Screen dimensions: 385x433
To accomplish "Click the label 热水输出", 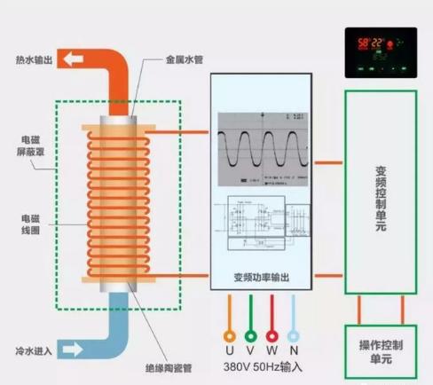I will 33,61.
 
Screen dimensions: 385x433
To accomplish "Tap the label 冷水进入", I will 33,351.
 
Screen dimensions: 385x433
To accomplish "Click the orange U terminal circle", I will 230,336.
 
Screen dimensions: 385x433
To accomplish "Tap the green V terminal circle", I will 251,336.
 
